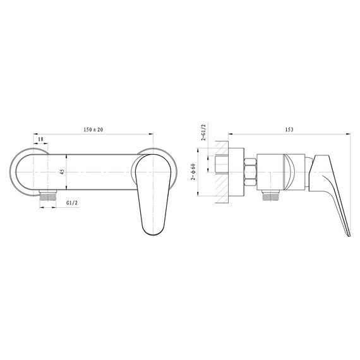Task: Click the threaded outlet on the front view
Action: pos(45,195)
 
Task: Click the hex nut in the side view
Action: pos(249,171)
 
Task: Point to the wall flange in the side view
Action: pos(235,171)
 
